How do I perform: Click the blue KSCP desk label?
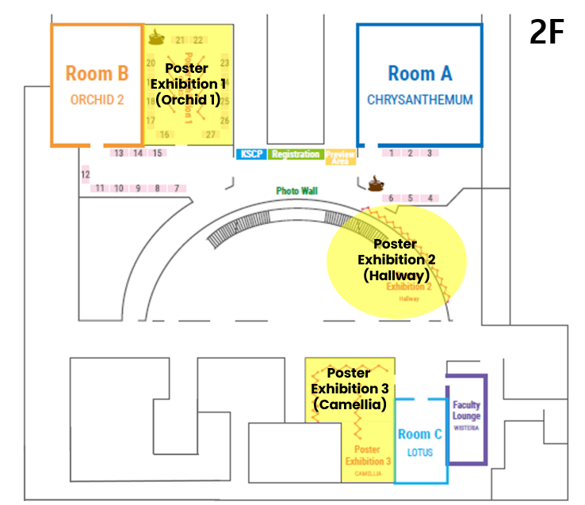click(250, 154)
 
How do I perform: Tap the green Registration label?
click(295, 154)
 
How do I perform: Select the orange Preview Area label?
click(340, 156)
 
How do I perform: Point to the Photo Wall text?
click(296, 191)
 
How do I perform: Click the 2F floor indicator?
click(547, 34)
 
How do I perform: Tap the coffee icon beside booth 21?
click(156, 36)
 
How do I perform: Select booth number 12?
click(86, 174)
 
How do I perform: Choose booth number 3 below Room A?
click(430, 154)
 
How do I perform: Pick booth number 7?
click(177, 188)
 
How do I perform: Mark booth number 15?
click(157, 153)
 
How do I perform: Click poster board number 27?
click(211, 135)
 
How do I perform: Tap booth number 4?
click(430, 198)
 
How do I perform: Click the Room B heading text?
click(97, 74)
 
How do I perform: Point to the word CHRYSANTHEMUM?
click(419, 101)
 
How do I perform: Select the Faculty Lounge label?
click(467, 410)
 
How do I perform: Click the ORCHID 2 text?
click(97, 101)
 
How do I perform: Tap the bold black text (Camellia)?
click(350, 404)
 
